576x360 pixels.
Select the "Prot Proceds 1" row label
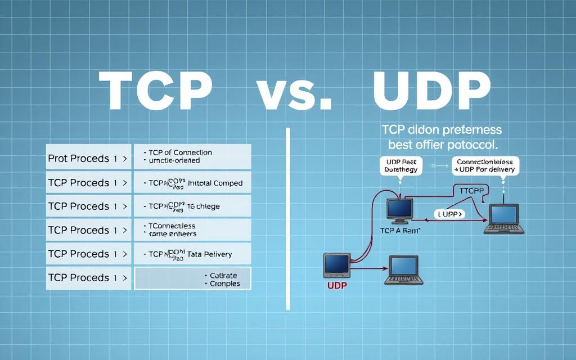tap(87, 159)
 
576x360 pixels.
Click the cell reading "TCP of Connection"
tap(192, 156)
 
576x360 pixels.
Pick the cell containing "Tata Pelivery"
tap(192, 254)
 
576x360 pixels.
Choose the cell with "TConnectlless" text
tap(192, 229)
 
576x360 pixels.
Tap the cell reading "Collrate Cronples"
tap(192, 279)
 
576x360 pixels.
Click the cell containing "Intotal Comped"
tap(192, 183)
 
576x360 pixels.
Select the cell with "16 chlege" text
tap(192, 206)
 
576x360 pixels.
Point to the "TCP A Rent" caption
tap(400, 231)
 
